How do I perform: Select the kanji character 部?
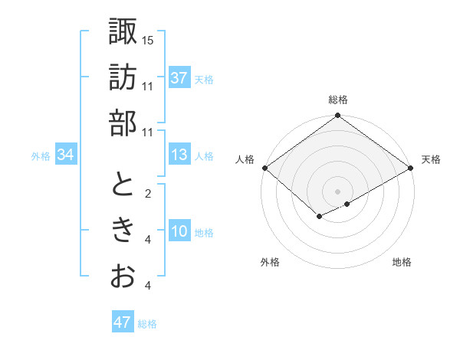[x=123, y=123]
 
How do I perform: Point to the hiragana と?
[x=123, y=184]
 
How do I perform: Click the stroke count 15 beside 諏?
[x=148, y=39]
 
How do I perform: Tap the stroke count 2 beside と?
[x=148, y=193]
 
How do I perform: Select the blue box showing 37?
[x=179, y=77]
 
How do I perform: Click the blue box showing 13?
[x=179, y=155]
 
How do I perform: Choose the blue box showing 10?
[x=179, y=231]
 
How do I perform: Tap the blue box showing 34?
[x=65, y=155]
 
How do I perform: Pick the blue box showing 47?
[x=122, y=322]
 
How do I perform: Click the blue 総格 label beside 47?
[x=147, y=324]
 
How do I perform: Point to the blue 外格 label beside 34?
[x=41, y=156]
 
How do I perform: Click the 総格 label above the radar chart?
[x=337, y=100]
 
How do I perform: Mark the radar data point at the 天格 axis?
[x=412, y=168]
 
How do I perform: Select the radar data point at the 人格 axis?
[x=264, y=168]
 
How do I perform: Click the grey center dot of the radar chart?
[x=337, y=190]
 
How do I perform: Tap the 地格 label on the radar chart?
[x=402, y=262]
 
